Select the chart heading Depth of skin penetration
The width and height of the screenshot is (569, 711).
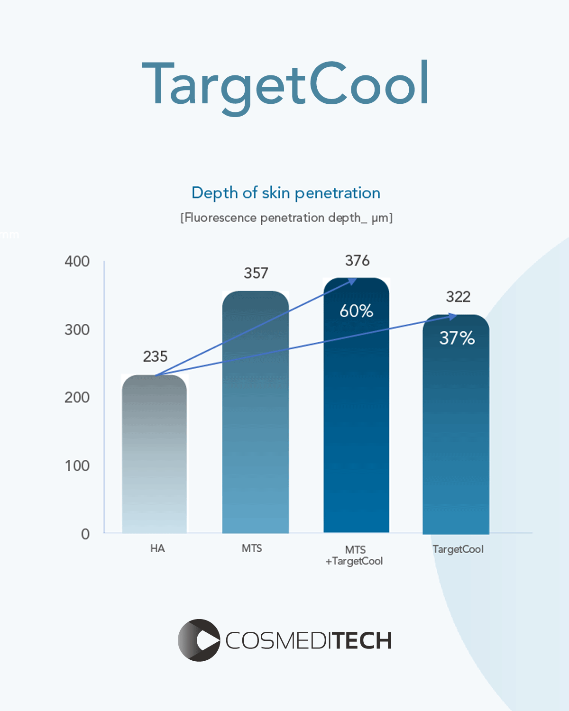(285, 193)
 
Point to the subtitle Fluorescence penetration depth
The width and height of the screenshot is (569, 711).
(286, 218)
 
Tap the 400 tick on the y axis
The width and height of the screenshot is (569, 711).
(77, 261)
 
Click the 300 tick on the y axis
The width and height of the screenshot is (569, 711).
(77, 329)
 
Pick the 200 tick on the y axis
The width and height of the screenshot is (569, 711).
(77, 397)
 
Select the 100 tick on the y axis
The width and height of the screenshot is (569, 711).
(77, 465)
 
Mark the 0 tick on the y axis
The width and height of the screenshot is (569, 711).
(85, 534)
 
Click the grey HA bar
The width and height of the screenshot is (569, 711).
(155, 455)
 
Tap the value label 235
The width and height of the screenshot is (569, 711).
(155, 356)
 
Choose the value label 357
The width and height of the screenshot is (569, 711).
(256, 273)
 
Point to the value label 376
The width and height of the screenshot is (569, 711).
(357, 261)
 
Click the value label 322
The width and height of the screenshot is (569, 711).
(458, 297)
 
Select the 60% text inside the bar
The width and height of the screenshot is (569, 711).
(356, 311)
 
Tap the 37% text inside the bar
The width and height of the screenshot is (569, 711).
(457, 338)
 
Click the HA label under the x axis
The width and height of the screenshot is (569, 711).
(157, 548)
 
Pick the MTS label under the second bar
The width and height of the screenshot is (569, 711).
(251, 548)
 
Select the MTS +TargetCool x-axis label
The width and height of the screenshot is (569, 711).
(355, 556)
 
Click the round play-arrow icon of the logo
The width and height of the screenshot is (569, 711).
(199, 640)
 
